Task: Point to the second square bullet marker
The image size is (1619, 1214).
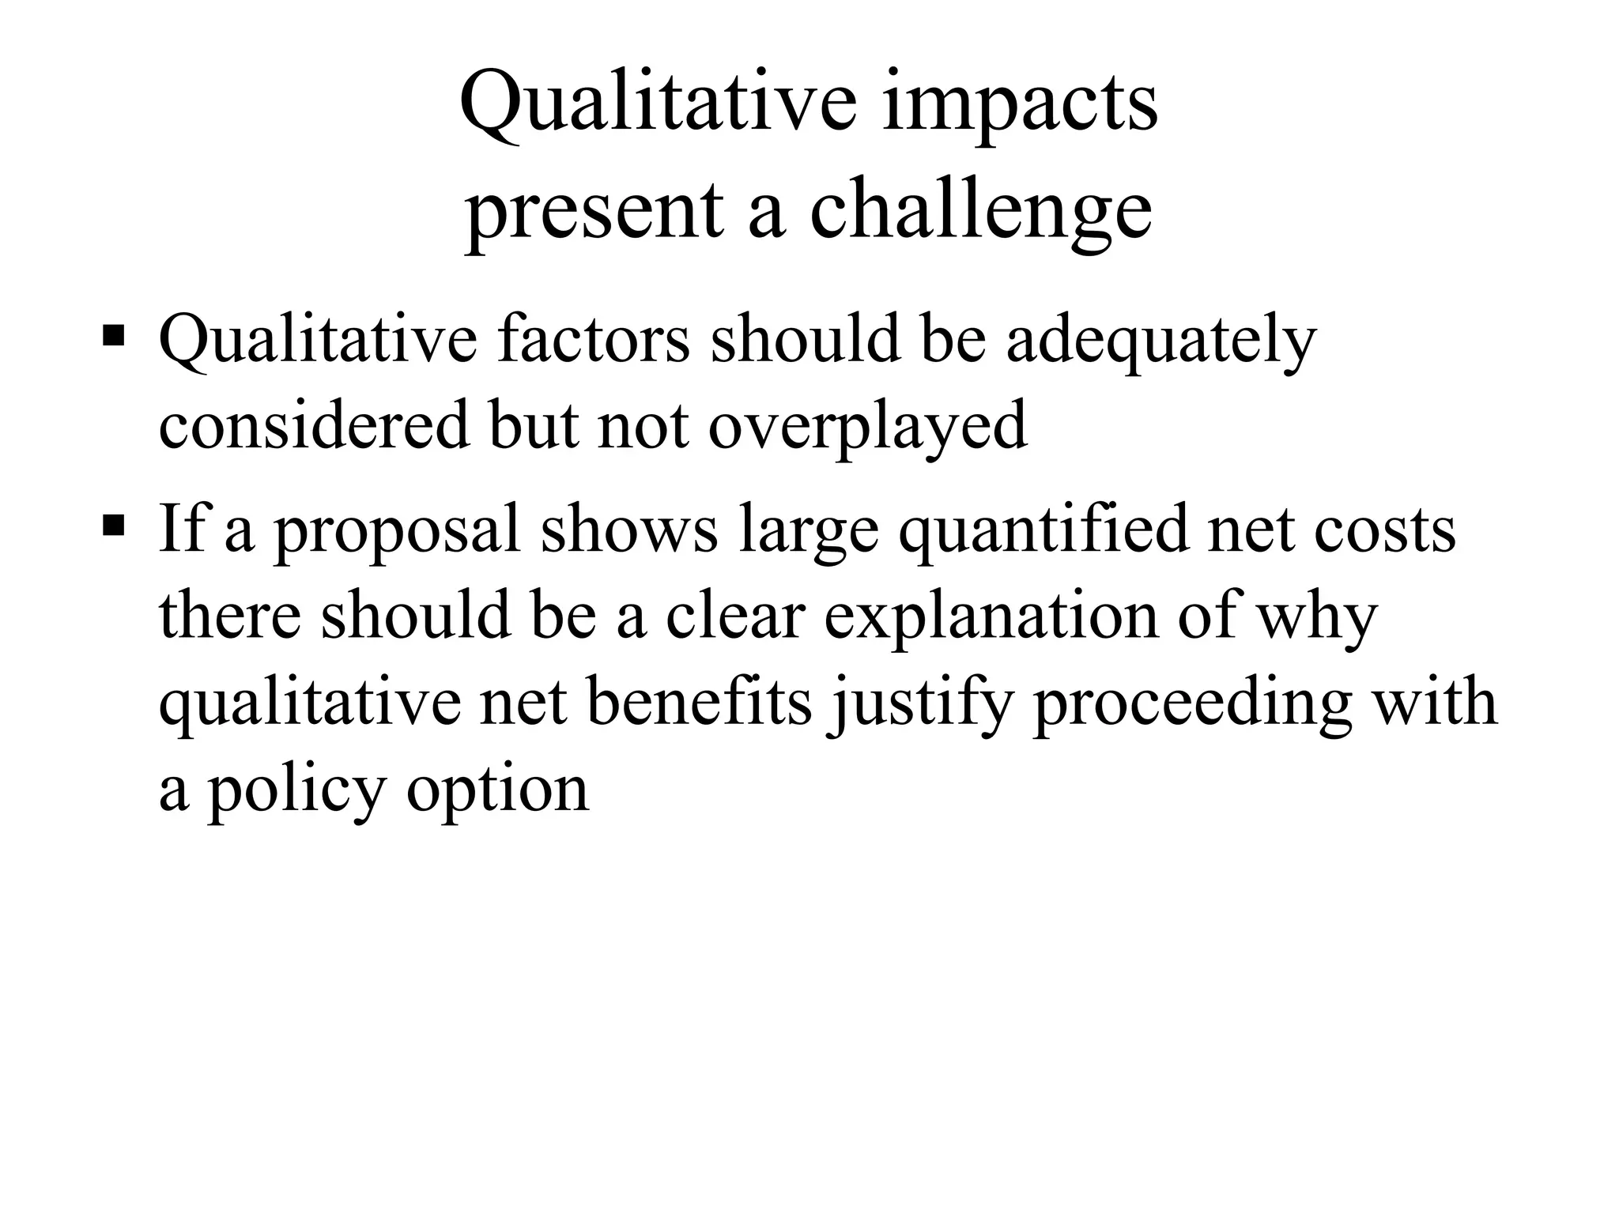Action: [x=114, y=524]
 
